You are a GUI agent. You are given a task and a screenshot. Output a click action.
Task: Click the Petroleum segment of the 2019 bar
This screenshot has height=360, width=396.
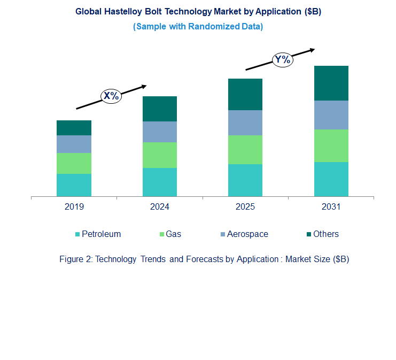(x=74, y=185)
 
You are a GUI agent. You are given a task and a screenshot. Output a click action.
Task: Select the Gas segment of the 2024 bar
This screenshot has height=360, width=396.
(x=160, y=155)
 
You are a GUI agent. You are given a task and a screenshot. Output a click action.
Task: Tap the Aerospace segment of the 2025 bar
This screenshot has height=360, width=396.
(x=245, y=122)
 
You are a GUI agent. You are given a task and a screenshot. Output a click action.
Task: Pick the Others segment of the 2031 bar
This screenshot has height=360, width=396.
(x=331, y=83)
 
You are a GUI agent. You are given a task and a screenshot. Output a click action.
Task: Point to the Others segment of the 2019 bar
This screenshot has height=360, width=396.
(x=74, y=128)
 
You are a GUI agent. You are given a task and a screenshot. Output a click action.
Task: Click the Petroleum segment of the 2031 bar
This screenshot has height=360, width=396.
(x=331, y=179)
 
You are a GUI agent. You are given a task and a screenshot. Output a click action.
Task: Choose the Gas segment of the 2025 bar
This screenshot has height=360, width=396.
(x=245, y=150)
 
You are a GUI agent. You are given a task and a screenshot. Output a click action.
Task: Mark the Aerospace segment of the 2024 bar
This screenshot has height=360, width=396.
(x=160, y=132)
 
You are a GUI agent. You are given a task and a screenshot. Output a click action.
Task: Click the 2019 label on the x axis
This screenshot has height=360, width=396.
(x=74, y=207)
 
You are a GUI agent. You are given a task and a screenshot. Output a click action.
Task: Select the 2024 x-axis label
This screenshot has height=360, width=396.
(x=160, y=207)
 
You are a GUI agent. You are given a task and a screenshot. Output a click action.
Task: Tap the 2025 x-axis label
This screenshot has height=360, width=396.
(x=245, y=207)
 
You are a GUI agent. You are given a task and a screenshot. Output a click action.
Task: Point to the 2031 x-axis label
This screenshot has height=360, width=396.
(x=331, y=207)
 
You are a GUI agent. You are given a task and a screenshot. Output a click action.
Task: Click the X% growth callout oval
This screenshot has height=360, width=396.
(x=112, y=96)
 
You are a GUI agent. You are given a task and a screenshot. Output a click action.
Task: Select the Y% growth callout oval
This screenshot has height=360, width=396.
(x=282, y=59)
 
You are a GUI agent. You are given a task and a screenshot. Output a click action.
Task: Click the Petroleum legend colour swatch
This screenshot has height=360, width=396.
(x=77, y=234)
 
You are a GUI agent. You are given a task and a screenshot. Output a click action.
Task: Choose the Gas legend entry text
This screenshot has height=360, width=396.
(x=173, y=234)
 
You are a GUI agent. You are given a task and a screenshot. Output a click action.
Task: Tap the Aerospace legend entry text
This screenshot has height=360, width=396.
(x=247, y=234)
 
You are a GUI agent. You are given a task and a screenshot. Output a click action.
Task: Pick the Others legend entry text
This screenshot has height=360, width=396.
(x=325, y=234)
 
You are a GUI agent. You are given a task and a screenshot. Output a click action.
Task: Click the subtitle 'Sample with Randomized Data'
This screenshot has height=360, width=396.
(x=198, y=26)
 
